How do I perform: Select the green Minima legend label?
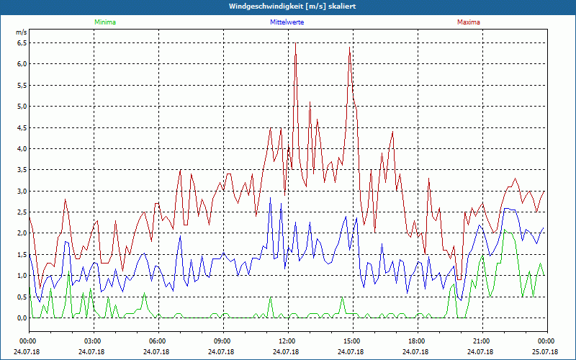(104, 22)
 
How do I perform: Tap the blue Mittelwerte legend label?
(287, 22)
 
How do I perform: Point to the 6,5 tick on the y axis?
(22, 42)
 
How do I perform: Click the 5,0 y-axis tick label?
(22, 107)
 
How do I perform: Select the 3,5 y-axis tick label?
(22, 170)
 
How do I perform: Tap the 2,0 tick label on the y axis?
(22, 233)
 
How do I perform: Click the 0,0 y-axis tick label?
(22, 318)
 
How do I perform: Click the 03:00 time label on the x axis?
(93, 341)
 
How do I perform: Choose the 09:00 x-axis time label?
(222, 341)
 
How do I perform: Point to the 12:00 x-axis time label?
(287, 341)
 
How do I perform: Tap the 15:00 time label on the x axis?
(352, 341)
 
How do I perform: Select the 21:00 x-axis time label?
(482, 341)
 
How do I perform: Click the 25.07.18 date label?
(546, 352)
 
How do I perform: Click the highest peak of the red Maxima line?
(295, 43)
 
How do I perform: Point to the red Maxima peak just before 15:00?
(349, 48)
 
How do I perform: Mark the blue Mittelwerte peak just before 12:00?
(271, 198)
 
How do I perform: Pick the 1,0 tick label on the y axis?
(22, 276)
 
